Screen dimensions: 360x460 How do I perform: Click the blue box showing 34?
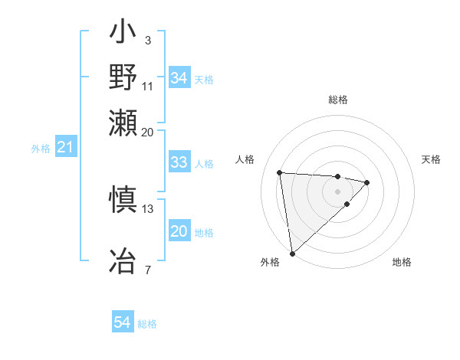[x=179, y=78]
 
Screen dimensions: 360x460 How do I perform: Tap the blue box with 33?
[x=179, y=162]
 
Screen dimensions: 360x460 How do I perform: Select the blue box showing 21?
[x=65, y=147]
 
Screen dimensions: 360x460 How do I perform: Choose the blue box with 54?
[x=122, y=323]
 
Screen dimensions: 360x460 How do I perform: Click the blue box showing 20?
[x=179, y=231]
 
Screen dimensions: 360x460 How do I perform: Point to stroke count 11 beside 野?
[x=147, y=87]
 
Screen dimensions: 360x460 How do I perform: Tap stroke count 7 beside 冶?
[x=147, y=269]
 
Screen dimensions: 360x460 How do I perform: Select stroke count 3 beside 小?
[x=147, y=40]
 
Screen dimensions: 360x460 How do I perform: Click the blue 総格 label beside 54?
[x=147, y=324]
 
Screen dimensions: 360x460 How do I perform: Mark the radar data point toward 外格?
[x=292, y=253]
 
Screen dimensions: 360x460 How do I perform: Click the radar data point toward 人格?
[x=280, y=172]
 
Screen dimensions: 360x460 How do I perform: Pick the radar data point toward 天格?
[x=367, y=182]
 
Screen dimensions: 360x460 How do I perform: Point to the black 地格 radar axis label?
[x=402, y=262]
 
